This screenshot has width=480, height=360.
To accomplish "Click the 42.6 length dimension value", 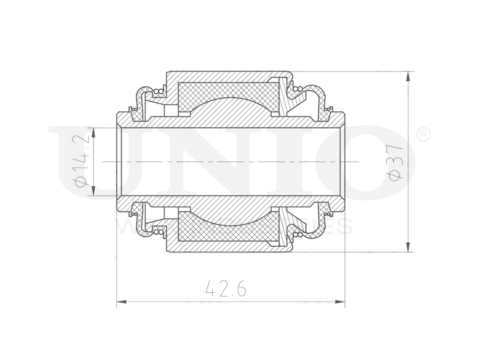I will click(226, 288).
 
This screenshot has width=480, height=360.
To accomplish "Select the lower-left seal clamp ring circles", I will click(157, 233).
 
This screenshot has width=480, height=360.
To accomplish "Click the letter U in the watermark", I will click(86, 163).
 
